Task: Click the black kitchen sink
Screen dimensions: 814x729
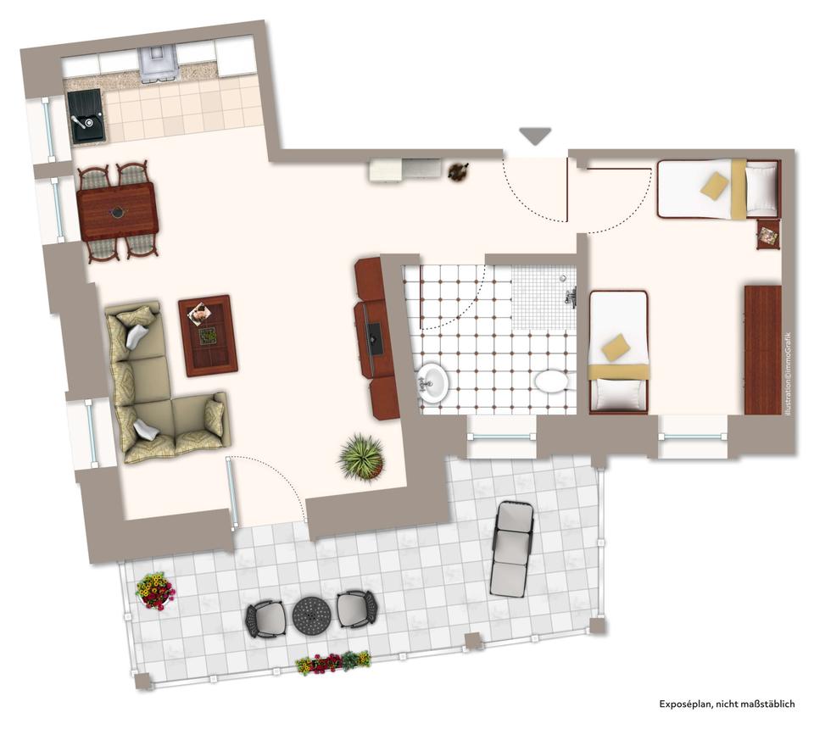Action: tap(86, 115)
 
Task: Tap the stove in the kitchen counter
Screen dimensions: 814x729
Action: tap(158, 64)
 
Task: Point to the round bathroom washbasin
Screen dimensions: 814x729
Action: tap(432, 383)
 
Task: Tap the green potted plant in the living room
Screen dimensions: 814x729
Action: tap(361, 457)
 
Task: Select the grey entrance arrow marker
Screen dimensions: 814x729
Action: tap(535, 136)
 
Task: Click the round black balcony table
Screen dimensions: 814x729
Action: tap(311, 615)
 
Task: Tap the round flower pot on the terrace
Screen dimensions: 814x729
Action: tap(155, 591)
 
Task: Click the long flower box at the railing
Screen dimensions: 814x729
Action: tap(333, 661)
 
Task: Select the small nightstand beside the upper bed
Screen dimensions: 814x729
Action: tap(768, 234)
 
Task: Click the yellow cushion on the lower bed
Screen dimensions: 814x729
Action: tap(616, 346)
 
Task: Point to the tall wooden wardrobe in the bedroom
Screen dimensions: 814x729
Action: tap(762, 350)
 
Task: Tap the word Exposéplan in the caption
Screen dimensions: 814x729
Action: tap(685, 704)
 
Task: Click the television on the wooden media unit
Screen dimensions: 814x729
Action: tap(375, 338)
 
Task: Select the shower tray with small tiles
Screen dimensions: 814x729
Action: tap(544, 298)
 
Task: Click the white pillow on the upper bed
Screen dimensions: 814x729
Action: tap(761, 189)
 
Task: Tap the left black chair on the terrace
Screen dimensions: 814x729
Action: tap(265, 619)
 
